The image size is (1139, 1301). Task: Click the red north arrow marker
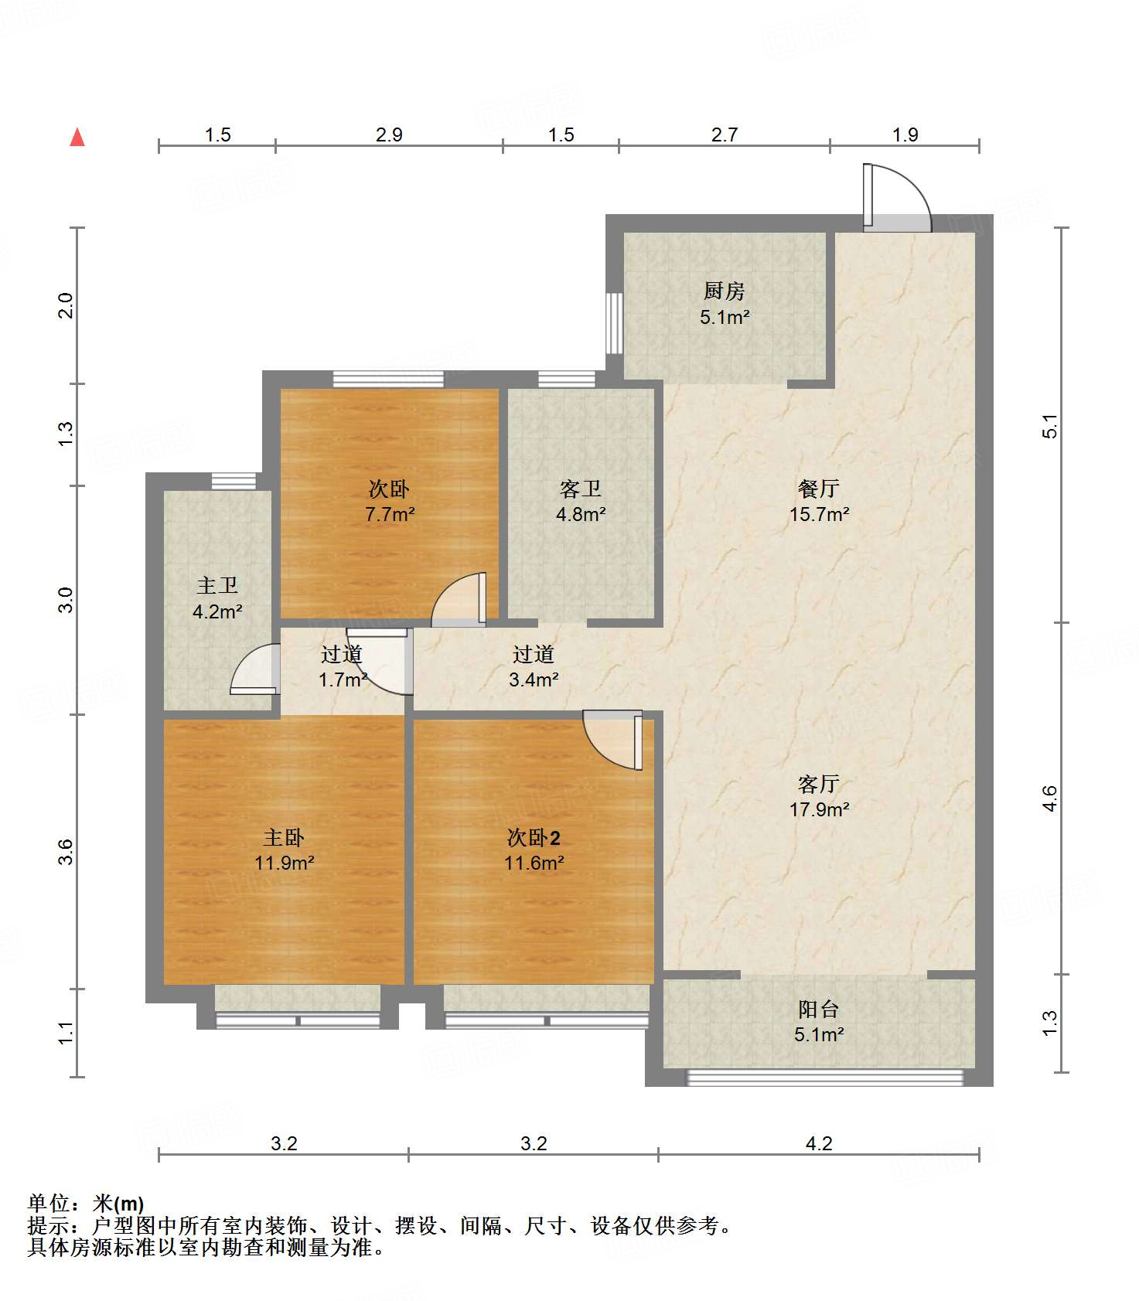coord(77,137)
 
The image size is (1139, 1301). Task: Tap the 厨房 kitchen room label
coord(725,291)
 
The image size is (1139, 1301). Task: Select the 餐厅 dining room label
coord(819,489)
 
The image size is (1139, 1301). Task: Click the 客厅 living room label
coord(819,784)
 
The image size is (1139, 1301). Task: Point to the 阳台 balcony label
coord(819,1009)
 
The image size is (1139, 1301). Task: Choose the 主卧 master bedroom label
coord(284,837)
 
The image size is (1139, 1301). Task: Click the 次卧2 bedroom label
coord(534,837)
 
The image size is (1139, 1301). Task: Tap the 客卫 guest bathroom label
coord(581,489)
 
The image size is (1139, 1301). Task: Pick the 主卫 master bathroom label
coord(217,586)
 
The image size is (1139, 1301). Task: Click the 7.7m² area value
coord(390,514)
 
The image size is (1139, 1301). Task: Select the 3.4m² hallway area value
coord(534,680)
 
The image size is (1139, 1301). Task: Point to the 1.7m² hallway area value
coord(343,680)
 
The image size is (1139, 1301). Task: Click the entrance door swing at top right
coord(897,197)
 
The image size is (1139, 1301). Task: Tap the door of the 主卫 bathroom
coord(255,669)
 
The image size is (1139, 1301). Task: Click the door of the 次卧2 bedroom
coord(612,741)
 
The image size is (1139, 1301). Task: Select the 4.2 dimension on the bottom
coord(819,1143)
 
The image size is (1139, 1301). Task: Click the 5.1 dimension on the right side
coord(1049,426)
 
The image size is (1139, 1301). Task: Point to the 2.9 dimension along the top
coord(389,135)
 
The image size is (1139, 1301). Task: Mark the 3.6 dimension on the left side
coord(66,851)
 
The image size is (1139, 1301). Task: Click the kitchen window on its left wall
coord(614,323)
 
